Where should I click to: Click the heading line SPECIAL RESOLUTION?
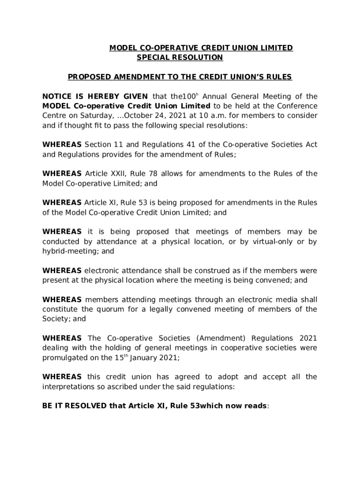[180, 58]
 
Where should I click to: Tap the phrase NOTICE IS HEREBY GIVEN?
[95, 96]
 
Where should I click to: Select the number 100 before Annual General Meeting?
[181, 96]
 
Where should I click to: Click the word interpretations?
[72, 386]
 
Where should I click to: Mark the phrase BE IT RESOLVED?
[74, 406]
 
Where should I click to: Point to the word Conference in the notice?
[298, 106]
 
